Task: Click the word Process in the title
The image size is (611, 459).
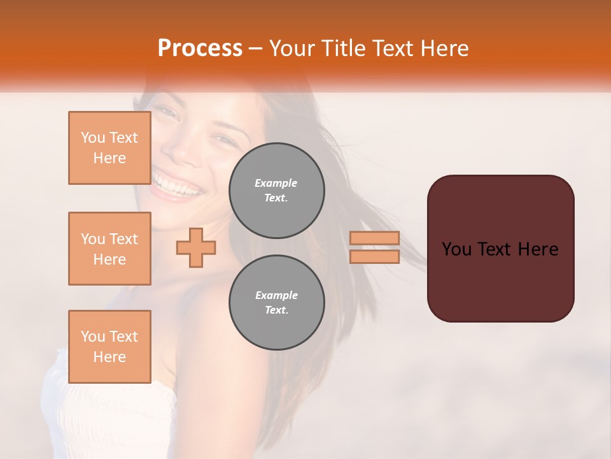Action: point(200,48)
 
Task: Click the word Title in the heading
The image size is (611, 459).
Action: point(343,48)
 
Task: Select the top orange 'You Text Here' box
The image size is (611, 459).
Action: point(109,148)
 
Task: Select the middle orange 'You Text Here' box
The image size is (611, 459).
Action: point(109,249)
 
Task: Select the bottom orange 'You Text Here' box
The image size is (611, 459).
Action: point(109,346)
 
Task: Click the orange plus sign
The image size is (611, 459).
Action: point(195,247)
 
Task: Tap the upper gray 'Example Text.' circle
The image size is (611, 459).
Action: point(276,191)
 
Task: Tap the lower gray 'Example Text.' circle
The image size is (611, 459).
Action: point(276,303)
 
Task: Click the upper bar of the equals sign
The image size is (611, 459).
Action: point(374,238)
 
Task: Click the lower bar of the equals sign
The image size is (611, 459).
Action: point(374,256)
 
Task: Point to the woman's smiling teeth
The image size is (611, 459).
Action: point(176,187)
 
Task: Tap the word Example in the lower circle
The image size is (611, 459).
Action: point(276,295)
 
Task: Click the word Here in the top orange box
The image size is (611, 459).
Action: point(109,158)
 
